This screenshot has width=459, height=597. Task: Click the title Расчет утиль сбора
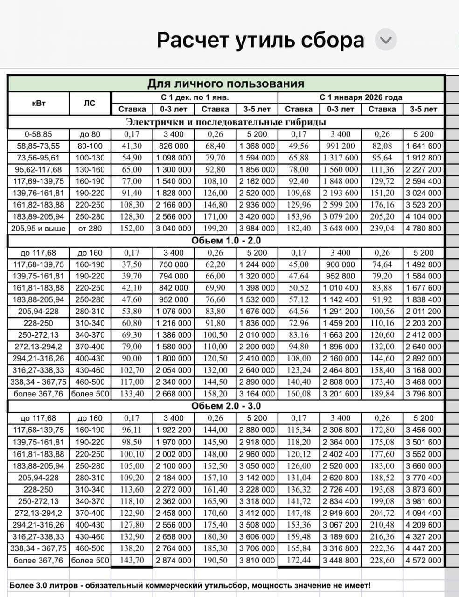260,40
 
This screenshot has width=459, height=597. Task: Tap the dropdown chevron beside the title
386,40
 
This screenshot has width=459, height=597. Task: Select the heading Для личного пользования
226,83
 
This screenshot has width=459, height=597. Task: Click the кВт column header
39,103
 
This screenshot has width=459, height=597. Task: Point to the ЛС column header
90,103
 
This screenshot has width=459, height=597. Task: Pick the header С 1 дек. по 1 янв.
195,97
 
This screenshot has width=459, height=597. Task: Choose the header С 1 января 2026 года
361,97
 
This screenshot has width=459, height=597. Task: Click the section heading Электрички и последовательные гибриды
226,122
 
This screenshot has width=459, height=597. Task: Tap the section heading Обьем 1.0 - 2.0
226,241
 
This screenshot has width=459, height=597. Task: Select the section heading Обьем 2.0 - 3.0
226,406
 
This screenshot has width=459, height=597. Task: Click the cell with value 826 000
174,146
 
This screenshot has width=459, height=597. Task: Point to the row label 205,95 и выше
39,229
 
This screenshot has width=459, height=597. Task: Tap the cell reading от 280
90,229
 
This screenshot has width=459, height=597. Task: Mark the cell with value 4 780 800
424,229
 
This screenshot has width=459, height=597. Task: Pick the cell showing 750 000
174,264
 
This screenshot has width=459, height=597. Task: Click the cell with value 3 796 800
424,394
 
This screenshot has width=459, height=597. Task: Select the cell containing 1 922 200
174,430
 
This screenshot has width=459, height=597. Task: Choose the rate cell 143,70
132,560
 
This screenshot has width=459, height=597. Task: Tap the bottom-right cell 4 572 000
424,560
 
